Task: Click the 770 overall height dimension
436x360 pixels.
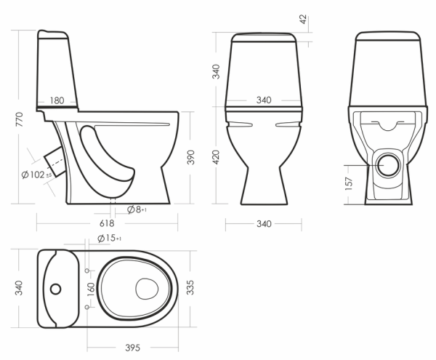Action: click(x=19, y=119)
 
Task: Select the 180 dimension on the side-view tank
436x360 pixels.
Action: click(x=57, y=100)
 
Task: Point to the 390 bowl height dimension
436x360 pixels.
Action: click(x=190, y=157)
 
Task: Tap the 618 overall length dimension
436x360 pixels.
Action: click(x=107, y=223)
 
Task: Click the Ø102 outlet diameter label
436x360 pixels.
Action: click(x=36, y=175)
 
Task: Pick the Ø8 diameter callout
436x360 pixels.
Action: click(x=137, y=209)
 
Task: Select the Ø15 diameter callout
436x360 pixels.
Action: click(x=109, y=238)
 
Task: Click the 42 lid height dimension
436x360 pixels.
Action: click(x=303, y=19)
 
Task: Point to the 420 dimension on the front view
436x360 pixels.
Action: click(x=216, y=157)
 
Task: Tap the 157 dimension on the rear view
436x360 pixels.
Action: click(x=349, y=183)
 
